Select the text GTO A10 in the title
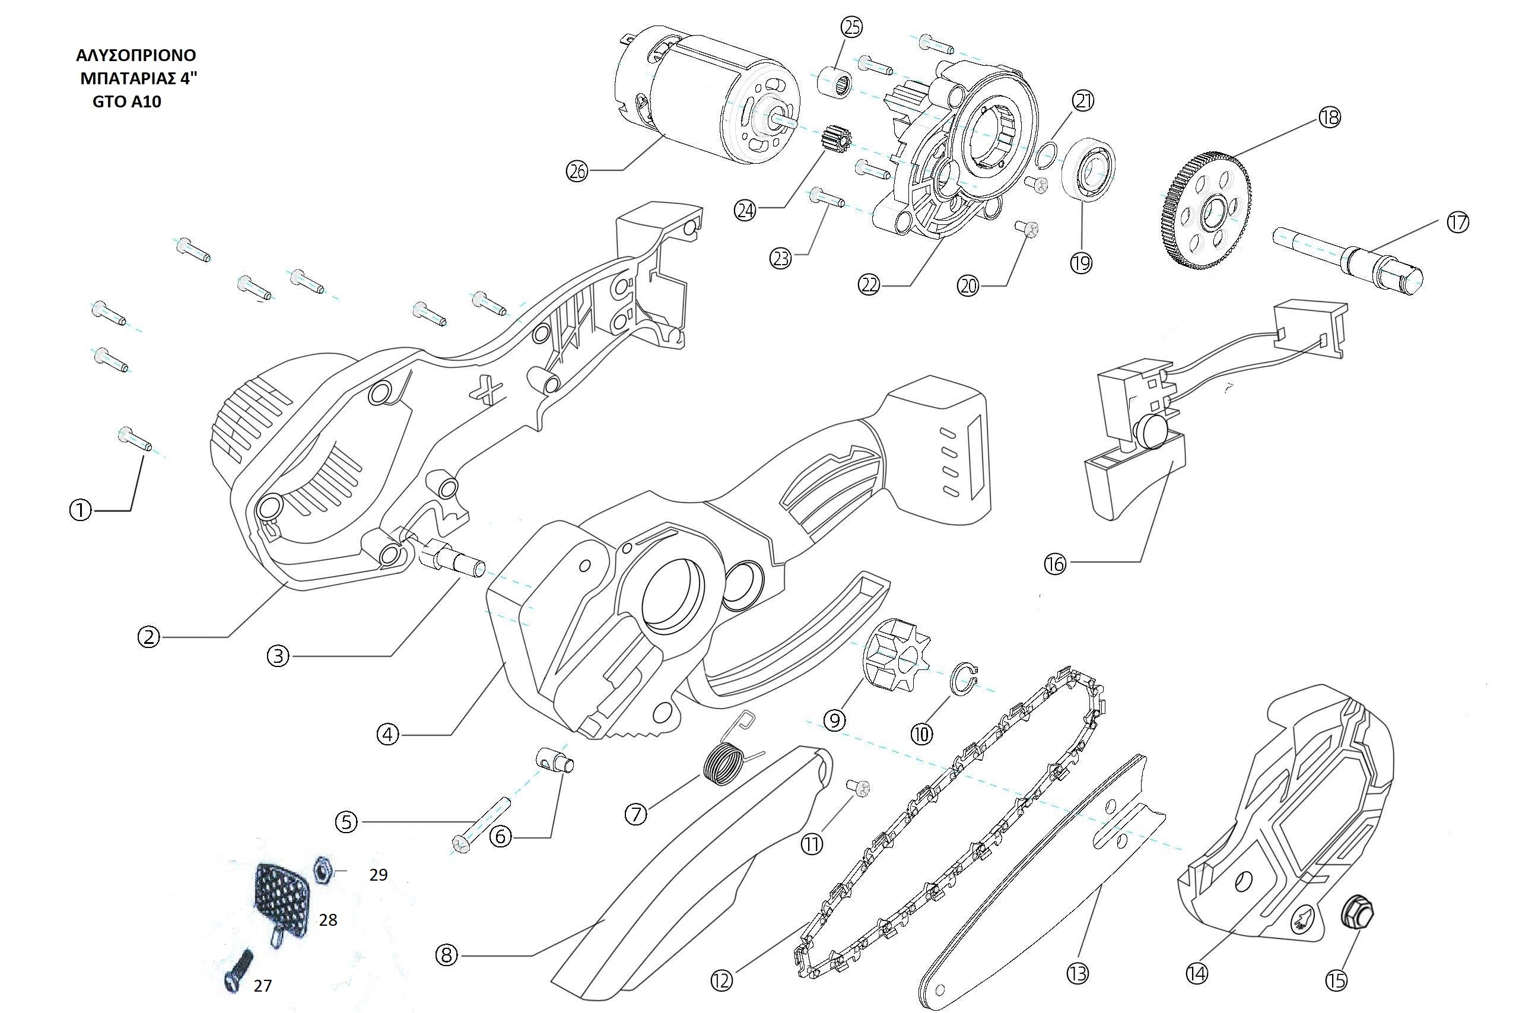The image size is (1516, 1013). pyautogui.click(x=126, y=102)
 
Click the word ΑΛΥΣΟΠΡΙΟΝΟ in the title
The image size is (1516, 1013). pyautogui.click(x=136, y=55)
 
